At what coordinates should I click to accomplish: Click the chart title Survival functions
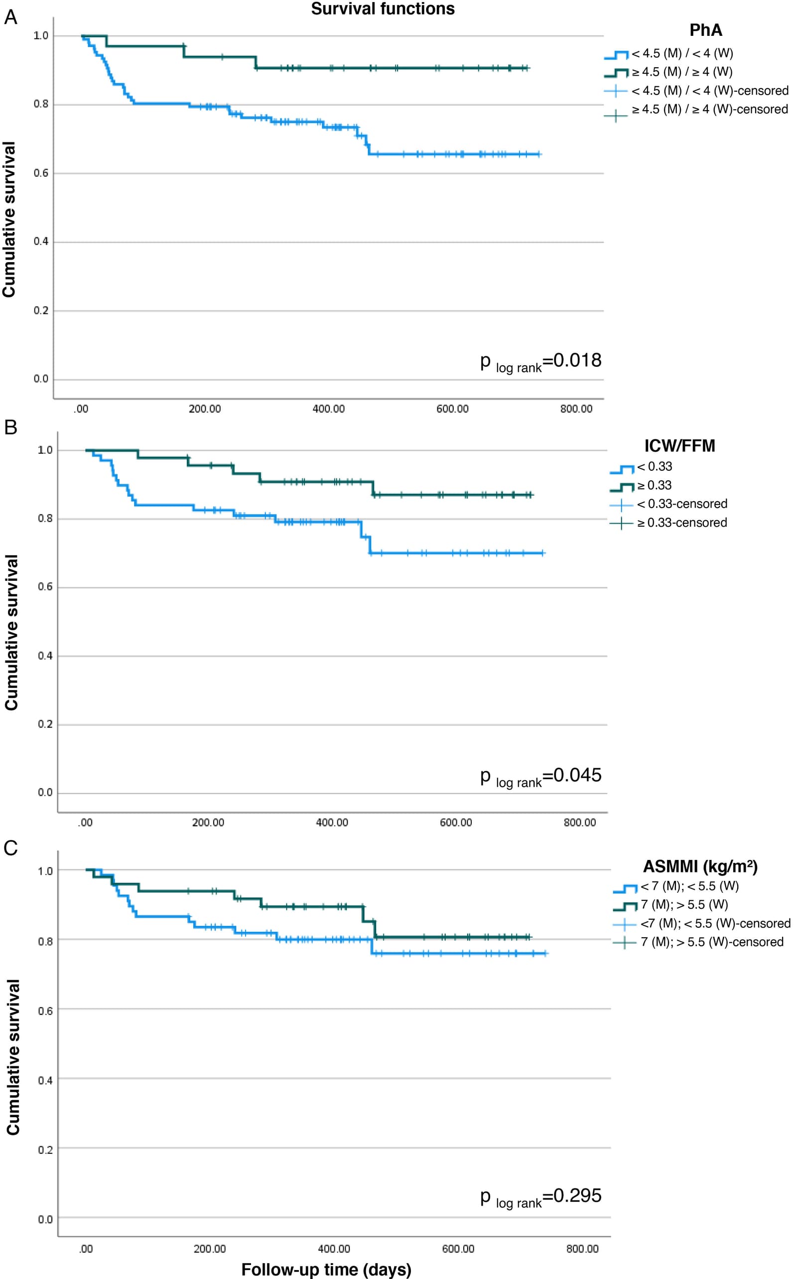[383, 9]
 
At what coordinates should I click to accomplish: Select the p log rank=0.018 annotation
[541, 362]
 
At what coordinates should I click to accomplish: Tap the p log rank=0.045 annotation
[541, 777]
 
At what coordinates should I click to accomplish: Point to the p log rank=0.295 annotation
[541, 1197]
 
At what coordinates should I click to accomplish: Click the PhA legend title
[706, 30]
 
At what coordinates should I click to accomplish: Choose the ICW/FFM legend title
[679, 446]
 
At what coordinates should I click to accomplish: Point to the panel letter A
[10, 17]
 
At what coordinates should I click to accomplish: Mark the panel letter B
[10, 427]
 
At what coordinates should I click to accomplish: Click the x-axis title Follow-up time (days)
[326, 1269]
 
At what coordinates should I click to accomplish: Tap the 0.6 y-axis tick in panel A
[41, 173]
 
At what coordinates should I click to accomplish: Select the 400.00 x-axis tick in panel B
[332, 823]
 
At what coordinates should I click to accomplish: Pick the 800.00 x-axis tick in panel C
[582, 1249]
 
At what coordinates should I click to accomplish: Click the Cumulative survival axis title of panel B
[11, 633]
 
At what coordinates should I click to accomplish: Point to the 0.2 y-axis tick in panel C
[45, 1150]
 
